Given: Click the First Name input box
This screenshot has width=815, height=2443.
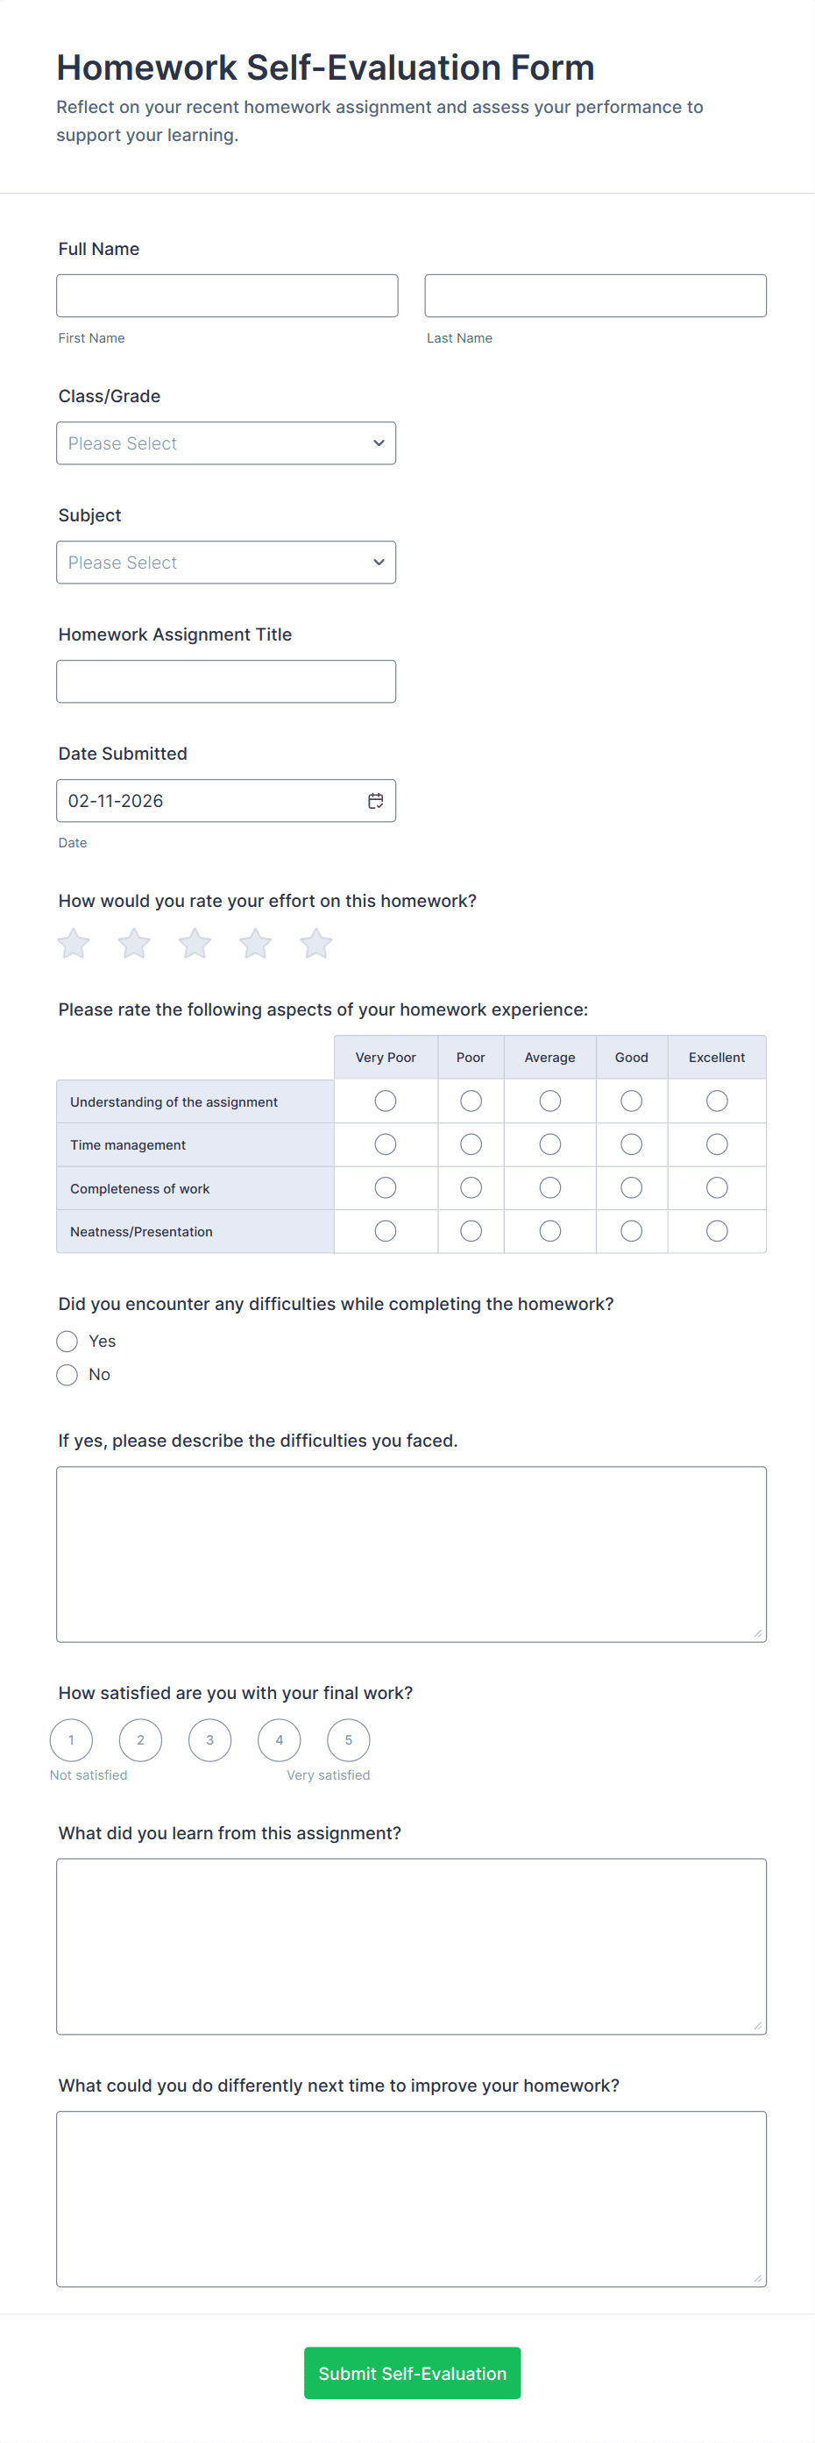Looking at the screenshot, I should (x=227, y=296).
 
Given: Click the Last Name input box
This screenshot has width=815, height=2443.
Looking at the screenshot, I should (x=595, y=296).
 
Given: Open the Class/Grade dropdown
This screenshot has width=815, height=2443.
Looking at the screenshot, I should (x=226, y=443).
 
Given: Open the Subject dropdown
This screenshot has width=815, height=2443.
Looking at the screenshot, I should (x=226, y=563).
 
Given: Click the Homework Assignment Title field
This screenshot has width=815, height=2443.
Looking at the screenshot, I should (x=226, y=681).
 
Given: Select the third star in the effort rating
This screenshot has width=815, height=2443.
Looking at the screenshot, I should (x=195, y=943).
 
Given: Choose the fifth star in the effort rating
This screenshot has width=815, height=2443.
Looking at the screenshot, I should (x=316, y=943).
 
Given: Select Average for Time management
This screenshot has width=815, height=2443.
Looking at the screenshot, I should (x=549, y=1144).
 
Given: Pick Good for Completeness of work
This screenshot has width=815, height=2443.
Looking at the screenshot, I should (x=631, y=1187).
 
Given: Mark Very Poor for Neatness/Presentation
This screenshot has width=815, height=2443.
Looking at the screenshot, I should (x=386, y=1230).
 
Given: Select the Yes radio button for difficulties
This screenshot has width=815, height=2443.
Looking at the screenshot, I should (x=67, y=1340).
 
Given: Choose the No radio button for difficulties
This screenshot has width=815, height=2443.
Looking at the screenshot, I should (x=67, y=1374).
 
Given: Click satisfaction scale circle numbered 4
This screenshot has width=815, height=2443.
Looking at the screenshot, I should (x=279, y=1739).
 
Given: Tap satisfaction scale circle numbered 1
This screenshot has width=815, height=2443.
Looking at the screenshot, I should (x=71, y=1739).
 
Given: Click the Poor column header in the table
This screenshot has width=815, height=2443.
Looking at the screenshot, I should (x=470, y=1057).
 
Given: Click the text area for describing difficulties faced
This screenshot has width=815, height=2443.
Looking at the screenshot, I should (x=411, y=1554).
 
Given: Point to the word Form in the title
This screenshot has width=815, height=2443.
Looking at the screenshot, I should (x=552, y=68).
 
